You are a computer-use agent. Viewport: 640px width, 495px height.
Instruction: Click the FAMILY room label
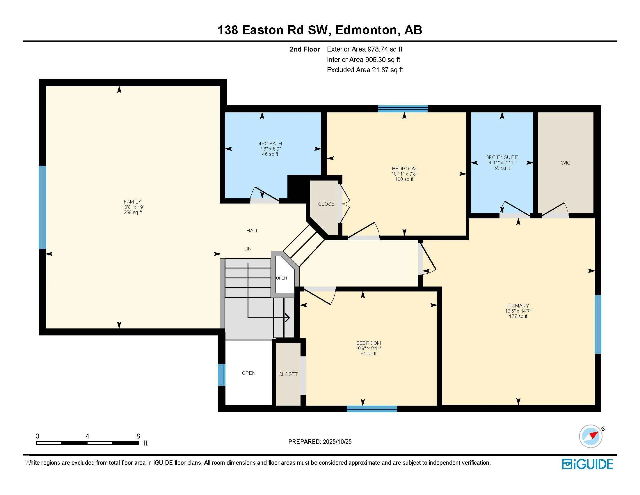click(132, 202)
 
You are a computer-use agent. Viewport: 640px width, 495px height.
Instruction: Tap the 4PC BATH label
click(270, 143)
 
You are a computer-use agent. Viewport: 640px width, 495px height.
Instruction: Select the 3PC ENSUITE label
click(502, 157)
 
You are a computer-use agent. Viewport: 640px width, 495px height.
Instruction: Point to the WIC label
click(566, 163)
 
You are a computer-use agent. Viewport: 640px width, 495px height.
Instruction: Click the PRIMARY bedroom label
click(518, 305)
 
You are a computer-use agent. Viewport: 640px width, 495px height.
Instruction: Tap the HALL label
click(252, 231)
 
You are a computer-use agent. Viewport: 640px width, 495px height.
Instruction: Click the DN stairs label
click(248, 249)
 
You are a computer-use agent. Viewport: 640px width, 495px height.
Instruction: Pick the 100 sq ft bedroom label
click(404, 169)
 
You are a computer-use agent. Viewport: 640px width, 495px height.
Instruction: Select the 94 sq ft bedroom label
click(368, 343)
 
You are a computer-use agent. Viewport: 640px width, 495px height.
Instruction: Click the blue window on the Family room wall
click(42, 208)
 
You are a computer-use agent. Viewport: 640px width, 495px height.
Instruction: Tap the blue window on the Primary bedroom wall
click(598, 324)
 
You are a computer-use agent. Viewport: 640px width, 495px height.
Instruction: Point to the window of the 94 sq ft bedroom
click(372, 409)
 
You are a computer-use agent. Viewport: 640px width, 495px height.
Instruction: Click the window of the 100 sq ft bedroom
click(403, 109)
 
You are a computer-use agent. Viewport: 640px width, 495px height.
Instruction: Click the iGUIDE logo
click(587, 464)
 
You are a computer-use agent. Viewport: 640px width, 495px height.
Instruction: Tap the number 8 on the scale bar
click(138, 436)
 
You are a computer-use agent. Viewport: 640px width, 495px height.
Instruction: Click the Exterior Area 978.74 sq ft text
click(365, 49)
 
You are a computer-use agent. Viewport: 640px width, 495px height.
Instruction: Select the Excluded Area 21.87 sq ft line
click(365, 70)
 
